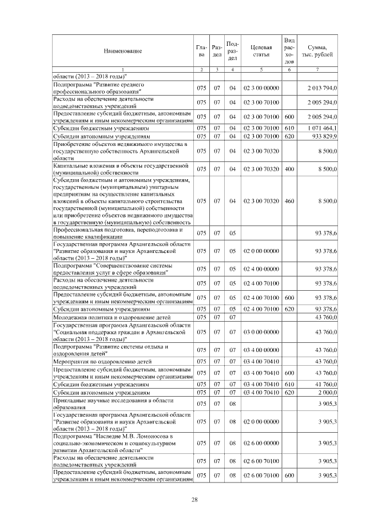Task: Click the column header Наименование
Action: [122, 51]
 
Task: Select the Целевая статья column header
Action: [261, 51]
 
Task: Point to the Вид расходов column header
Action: [289, 51]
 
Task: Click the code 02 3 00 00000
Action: [261, 87]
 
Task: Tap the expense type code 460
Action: [289, 201]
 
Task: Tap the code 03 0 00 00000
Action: [261, 331]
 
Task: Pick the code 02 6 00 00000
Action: [261, 443]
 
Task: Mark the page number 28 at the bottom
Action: [194, 500]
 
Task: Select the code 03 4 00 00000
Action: [261, 350]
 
